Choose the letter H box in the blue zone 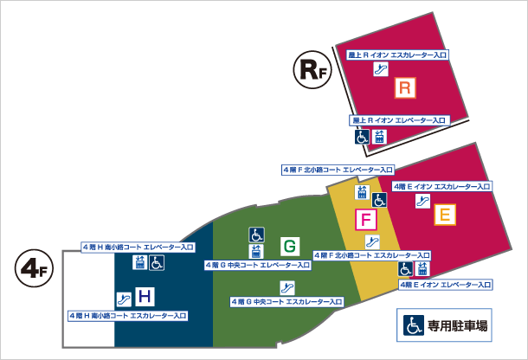click(145, 297)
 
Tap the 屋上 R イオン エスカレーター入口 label click(396, 55)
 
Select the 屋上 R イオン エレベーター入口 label click(398, 119)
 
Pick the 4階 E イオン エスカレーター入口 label click(441, 186)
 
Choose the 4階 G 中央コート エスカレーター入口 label click(286, 301)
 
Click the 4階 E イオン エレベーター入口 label click(447, 284)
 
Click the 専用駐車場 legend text click(457, 326)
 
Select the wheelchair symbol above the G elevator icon click(256, 234)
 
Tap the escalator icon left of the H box click(124, 299)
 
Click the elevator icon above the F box click(363, 191)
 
